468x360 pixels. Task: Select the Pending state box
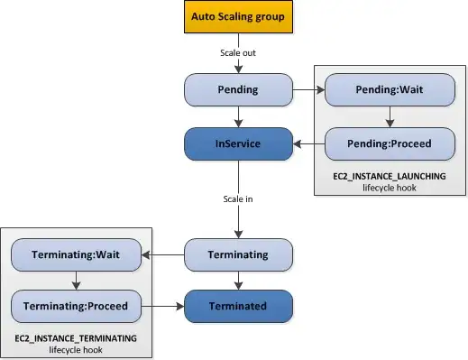[x=238, y=89]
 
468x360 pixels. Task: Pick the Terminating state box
[x=238, y=254]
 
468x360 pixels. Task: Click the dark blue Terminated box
[x=238, y=306]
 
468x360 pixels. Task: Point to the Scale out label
[x=238, y=53]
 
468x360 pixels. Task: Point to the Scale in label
[x=238, y=198]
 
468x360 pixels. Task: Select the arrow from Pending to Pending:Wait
[x=308, y=89]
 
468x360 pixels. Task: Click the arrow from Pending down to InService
[x=238, y=115]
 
